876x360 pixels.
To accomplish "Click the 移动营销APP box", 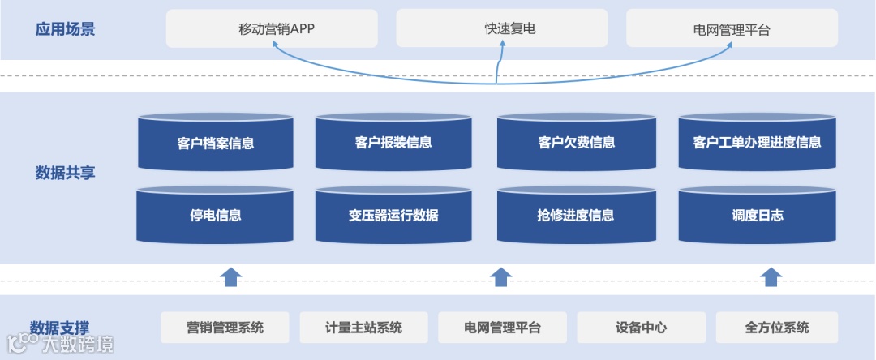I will click(272, 28).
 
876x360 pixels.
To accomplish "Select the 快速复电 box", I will click(502, 28).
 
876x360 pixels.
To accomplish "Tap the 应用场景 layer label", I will click(65, 29).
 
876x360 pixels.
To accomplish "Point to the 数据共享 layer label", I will click(65, 172).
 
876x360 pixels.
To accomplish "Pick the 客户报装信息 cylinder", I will click(393, 143).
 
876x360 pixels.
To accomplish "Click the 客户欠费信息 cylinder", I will click(576, 143).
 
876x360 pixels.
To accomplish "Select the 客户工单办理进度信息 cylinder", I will click(757, 143).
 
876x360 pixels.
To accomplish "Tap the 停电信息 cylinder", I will click(215, 216).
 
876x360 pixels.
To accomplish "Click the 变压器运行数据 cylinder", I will click(393, 216).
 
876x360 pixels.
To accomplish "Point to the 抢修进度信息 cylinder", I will click(576, 216).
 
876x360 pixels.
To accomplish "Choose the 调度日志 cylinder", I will click(757, 216).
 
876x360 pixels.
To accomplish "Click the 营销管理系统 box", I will click(225, 328).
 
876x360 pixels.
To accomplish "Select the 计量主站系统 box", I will click(363, 328).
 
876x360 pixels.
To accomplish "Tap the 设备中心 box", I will click(641, 328).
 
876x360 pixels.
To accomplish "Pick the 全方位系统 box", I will click(777, 328).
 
